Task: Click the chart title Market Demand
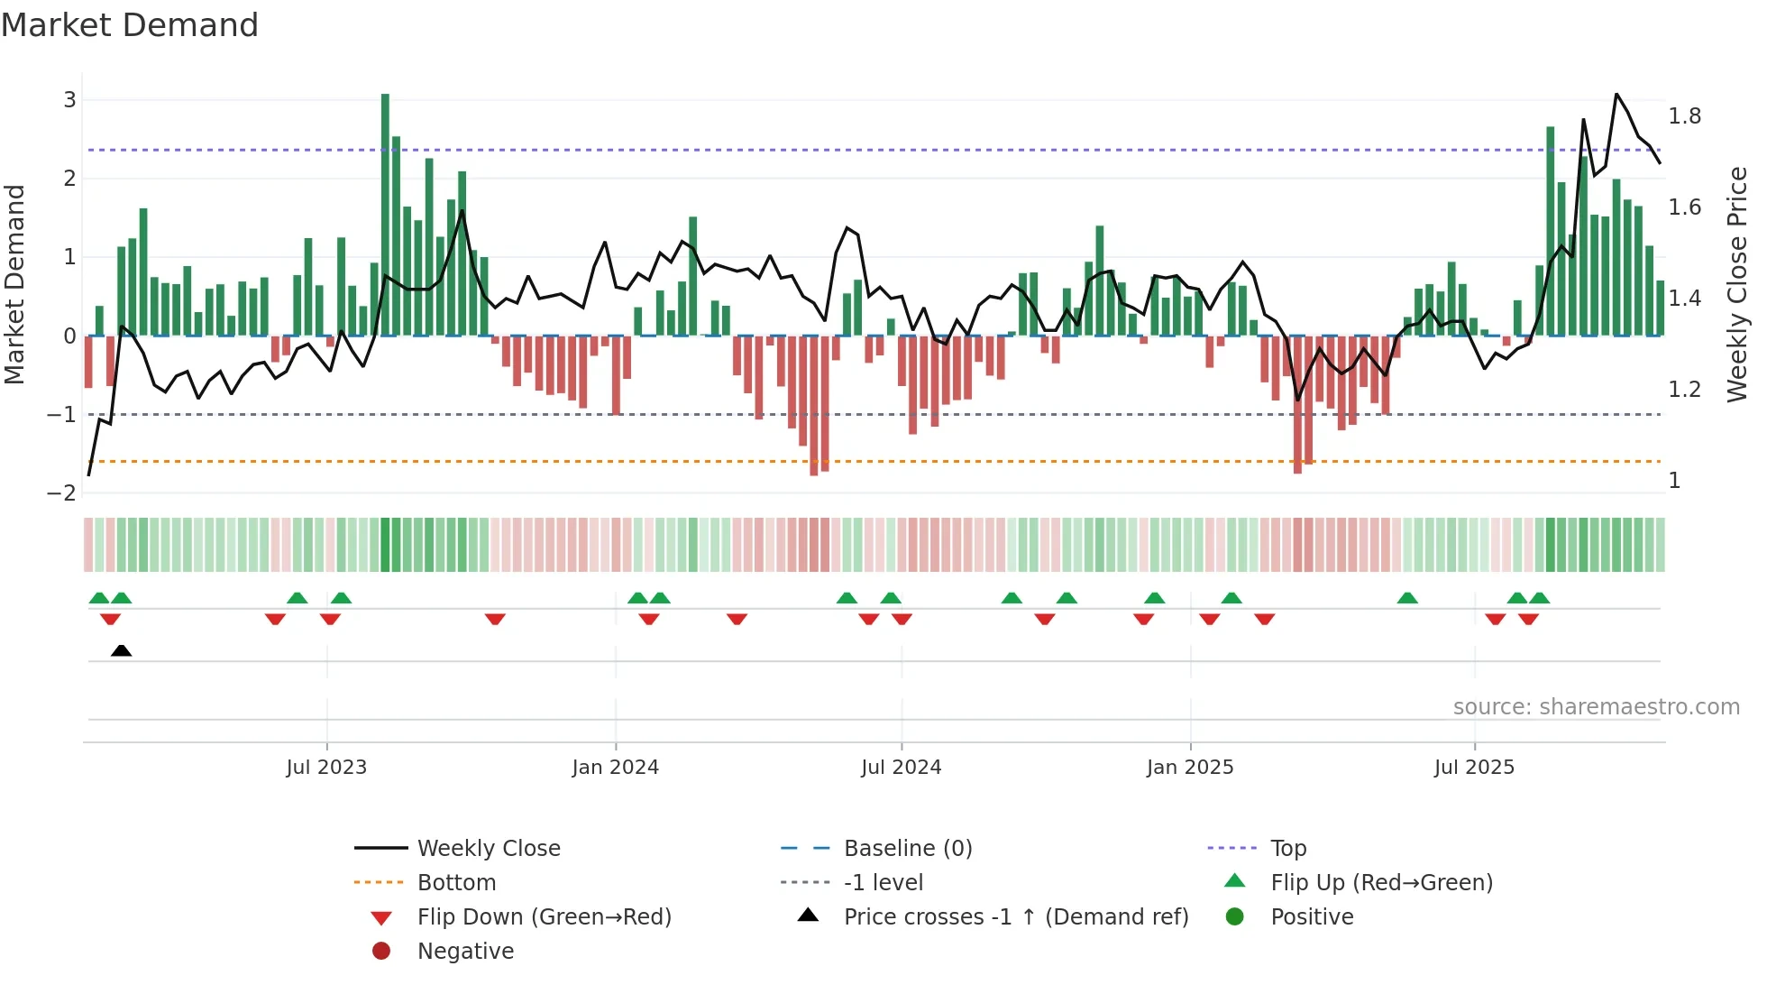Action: (130, 25)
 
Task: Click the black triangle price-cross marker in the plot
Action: (121, 650)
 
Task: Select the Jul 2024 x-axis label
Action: (901, 768)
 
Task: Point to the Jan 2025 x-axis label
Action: (1189, 768)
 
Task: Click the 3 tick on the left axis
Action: (69, 100)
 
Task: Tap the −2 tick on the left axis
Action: (62, 493)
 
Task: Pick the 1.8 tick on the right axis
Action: (1684, 116)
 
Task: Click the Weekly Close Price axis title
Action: (1736, 283)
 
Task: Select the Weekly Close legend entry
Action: (488, 849)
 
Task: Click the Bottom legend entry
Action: (456, 883)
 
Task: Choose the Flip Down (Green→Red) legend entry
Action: (544, 917)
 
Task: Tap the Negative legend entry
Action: (465, 952)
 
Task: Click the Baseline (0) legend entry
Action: (907, 849)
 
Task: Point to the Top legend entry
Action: (1287, 849)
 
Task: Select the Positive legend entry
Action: (1311, 917)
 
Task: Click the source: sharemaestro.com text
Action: (1596, 707)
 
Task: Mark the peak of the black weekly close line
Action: (1616, 94)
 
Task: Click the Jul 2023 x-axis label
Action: (326, 768)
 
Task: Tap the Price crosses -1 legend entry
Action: (1015, 917)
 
